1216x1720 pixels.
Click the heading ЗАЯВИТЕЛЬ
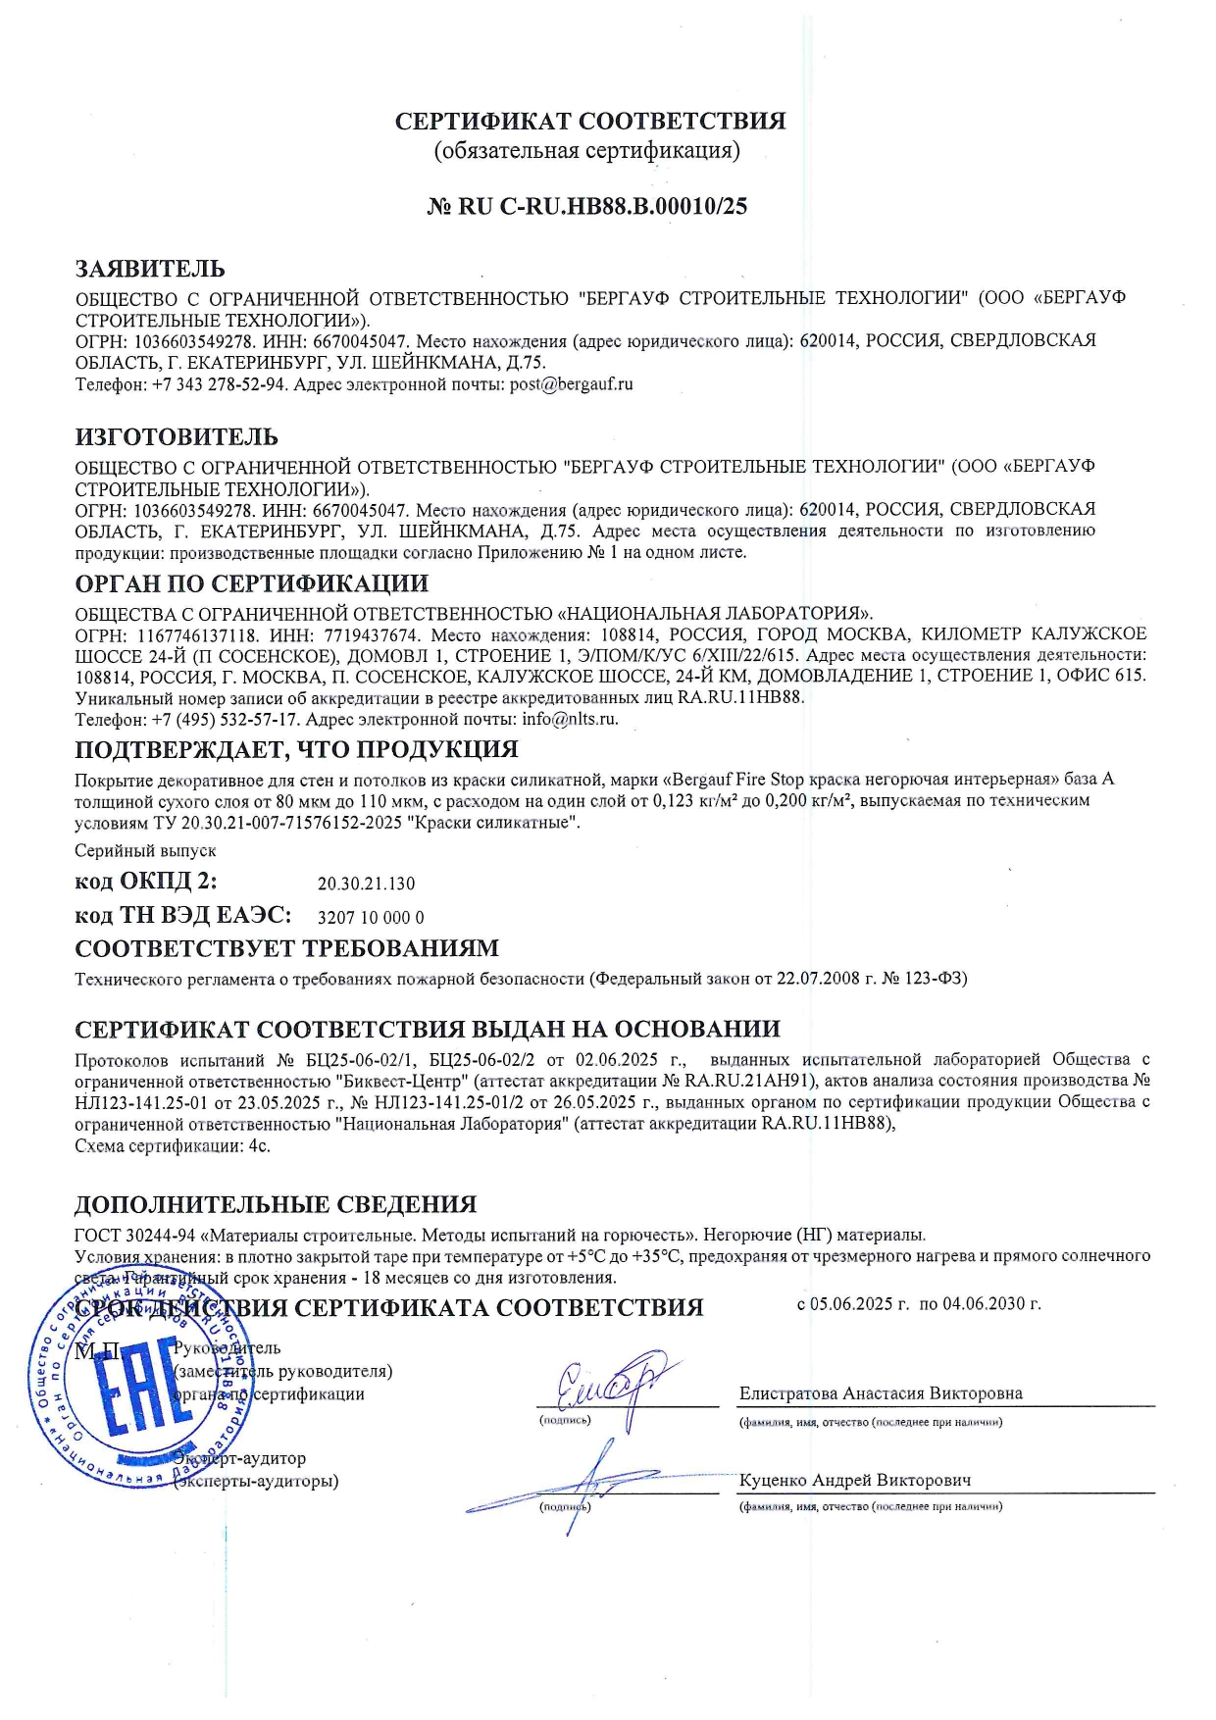[150, 269]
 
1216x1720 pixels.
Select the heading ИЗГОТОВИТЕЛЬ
[177, 436]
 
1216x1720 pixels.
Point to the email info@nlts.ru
[570, 719]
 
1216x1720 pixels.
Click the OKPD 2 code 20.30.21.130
[366, 884]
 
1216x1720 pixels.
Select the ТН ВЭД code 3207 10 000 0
[371, 918]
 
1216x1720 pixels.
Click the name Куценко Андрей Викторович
[854, 1480]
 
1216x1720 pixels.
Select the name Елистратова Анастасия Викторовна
[881, 1393]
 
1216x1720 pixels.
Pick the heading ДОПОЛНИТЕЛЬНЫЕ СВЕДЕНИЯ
[276, 1204]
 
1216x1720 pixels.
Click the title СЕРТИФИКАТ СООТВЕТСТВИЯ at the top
[590, 122]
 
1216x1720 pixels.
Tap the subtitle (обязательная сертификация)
[586, 151]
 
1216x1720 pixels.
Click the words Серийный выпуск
[145, 851]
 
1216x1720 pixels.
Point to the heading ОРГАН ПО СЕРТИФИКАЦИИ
[252, 584]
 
